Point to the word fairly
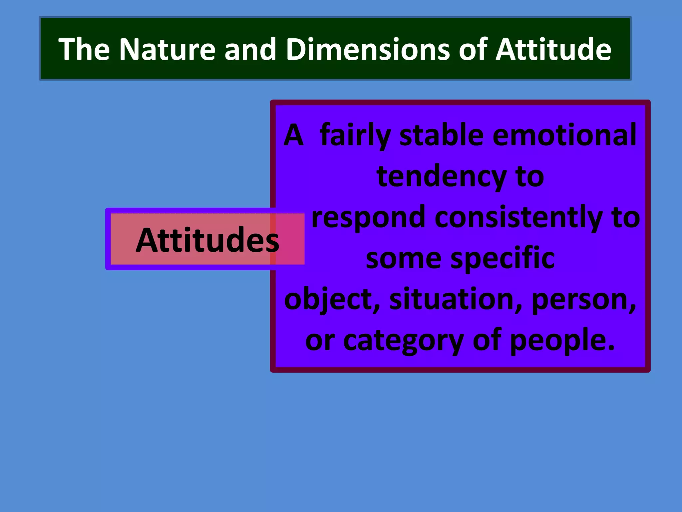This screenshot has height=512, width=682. tap(355, 135)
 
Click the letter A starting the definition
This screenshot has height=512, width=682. tap(293, 135)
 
